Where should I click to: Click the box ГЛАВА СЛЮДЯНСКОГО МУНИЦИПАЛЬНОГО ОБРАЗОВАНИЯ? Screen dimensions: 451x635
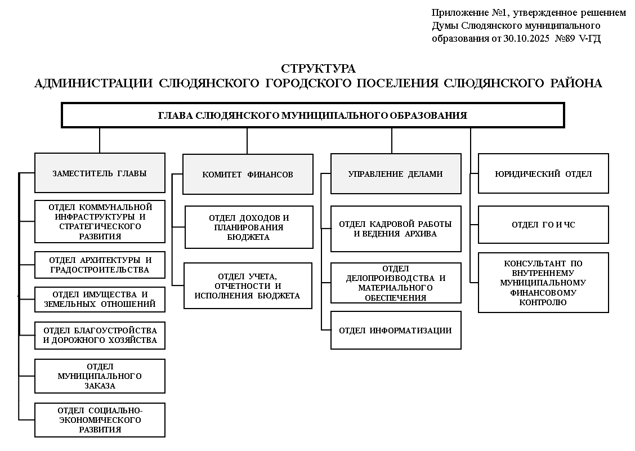coord(312,115)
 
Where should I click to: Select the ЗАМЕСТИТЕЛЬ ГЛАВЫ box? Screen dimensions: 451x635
coord(100,173)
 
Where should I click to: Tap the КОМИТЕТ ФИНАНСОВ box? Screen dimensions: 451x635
coord(248,175)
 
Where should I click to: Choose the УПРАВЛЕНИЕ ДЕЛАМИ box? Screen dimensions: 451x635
coord(395,174)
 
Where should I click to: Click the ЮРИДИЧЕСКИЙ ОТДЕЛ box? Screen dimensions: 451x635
coord(543,174)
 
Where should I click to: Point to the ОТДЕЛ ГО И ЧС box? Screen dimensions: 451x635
coord(543,225)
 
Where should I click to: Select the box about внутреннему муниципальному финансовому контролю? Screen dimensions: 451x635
coord(543,283)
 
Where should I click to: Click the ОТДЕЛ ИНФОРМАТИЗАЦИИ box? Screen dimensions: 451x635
coord(395,331)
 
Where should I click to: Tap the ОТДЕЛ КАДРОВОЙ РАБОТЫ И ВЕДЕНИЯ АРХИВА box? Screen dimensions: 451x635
coord(395,229)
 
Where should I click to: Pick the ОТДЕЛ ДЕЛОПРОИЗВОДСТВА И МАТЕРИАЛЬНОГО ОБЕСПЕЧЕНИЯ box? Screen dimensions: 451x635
coord(395,283)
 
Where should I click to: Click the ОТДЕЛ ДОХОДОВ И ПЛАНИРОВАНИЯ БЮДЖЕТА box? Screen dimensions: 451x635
coord(249,227)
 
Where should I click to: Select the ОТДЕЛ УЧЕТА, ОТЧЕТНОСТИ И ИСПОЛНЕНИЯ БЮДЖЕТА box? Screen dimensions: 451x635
coord(248,285)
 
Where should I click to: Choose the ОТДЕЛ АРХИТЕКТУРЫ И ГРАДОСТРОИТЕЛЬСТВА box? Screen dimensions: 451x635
coord(100,265)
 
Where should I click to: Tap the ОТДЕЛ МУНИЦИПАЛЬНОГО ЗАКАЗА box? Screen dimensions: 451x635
coord(100,376)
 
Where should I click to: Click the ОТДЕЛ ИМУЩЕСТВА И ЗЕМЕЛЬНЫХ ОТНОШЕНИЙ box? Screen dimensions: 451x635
coord(100,300)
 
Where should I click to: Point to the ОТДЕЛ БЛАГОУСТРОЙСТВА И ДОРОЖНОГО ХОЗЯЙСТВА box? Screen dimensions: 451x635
coord(100,336)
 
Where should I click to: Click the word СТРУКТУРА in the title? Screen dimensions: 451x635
coord(318,69)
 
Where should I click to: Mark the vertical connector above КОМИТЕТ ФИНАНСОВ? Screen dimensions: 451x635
coord(247,141)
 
